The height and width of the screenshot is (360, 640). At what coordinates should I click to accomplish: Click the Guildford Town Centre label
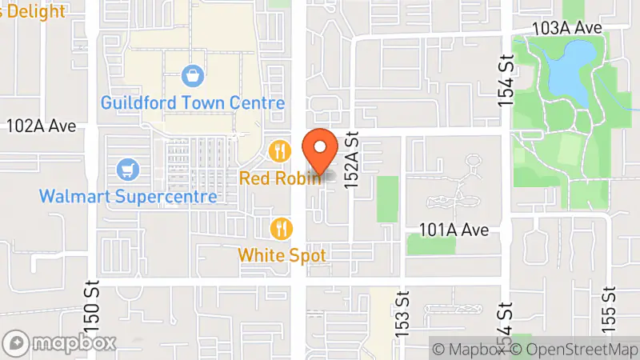coord(193,103)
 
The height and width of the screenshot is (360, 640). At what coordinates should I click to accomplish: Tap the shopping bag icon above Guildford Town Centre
coord(192,77)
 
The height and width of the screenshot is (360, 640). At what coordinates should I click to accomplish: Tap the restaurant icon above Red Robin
coord(279,150)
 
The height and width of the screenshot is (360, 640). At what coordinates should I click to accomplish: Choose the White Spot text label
coord(282,255)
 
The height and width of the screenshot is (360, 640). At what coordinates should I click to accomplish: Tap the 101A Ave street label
coord(454,230)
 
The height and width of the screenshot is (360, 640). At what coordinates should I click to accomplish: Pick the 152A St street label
coord(352,161)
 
